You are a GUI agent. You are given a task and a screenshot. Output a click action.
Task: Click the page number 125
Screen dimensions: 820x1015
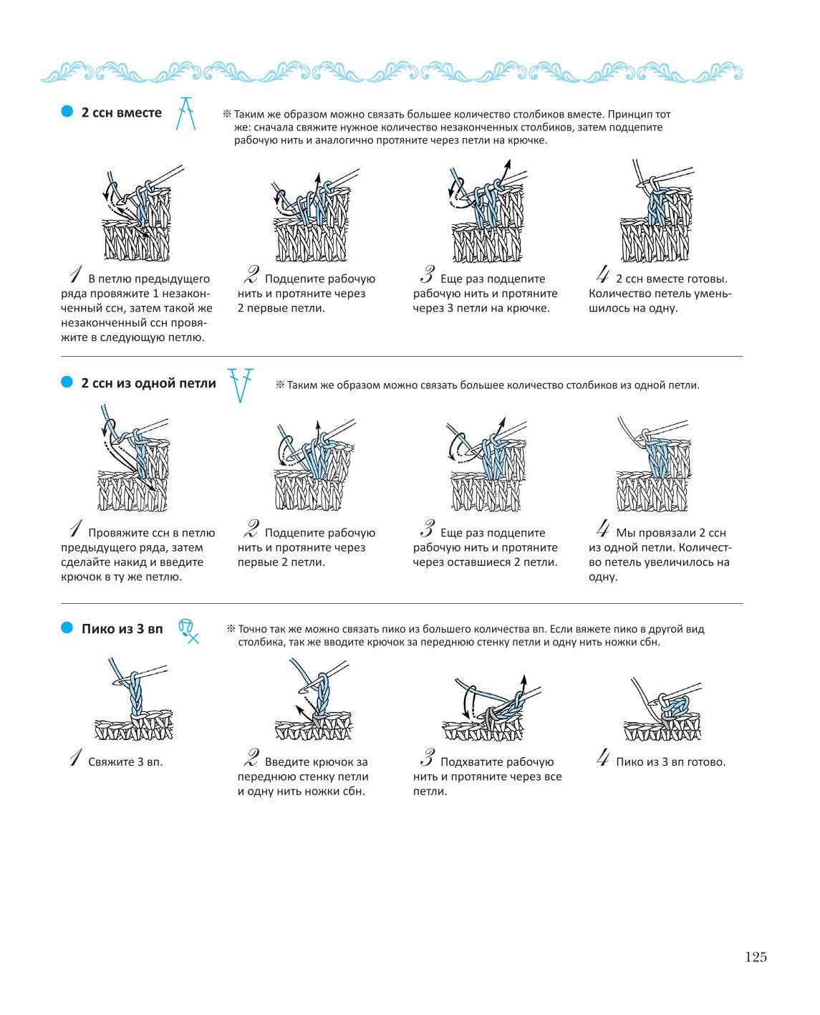coord(756,956)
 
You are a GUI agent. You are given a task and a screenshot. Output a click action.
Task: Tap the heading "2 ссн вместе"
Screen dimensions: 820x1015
coord(122,112)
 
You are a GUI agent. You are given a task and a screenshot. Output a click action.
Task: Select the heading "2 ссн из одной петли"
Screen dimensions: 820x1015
coord(149,383)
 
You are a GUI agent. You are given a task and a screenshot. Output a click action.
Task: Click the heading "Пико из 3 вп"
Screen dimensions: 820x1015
coord(122,628)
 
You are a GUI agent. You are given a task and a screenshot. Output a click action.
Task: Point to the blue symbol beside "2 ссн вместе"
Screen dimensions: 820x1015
coord(185,113)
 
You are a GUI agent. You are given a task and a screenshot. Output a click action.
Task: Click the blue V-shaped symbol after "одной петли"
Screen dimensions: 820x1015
coord(241,385)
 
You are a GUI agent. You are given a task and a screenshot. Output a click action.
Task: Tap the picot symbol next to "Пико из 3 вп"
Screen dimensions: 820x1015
coord(188,631)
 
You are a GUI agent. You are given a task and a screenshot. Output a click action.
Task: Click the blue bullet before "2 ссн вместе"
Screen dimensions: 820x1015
coord(67,112)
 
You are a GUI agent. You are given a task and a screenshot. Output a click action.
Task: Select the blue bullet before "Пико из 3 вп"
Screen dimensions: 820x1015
coord(67,627)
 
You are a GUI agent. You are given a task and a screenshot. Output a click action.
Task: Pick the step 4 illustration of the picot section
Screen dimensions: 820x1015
coord(662,709)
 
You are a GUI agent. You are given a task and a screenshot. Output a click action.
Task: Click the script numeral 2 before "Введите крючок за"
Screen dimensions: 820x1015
coord(251,758)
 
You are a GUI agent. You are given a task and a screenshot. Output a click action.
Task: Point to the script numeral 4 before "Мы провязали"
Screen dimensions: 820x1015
coord(603,529)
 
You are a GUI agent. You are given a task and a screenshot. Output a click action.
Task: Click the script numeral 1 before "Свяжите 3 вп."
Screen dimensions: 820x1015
coord(76,758)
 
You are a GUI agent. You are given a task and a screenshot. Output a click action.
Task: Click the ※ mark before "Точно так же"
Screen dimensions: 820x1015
coord(231,629)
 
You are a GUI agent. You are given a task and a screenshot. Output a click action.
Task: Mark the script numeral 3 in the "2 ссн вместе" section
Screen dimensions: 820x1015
coord(428,274)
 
